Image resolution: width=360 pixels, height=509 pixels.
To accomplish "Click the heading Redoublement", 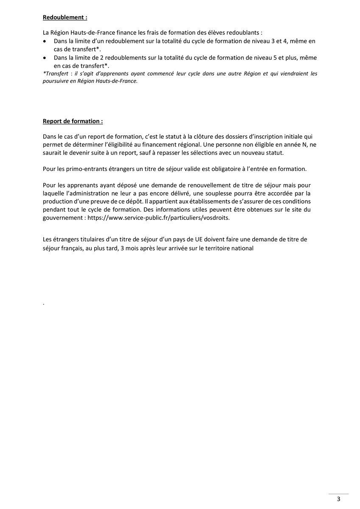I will point(65,18).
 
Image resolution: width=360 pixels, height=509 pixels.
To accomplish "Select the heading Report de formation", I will point(73,121).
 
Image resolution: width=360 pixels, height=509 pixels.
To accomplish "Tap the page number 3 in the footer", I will point(338,499).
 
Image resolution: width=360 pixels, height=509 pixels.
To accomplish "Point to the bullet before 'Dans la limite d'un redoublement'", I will point(45,41).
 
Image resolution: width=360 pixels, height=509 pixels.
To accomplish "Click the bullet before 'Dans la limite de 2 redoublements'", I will point(45,58).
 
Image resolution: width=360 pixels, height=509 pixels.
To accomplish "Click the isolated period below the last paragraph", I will point(44,304).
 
